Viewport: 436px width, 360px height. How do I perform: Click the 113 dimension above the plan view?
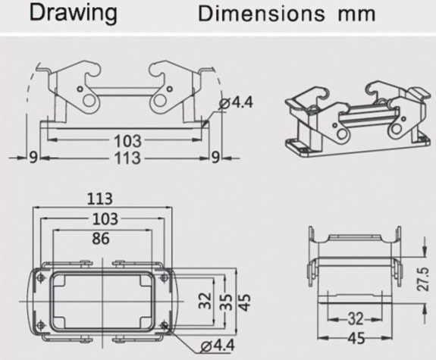coord(99,199)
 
